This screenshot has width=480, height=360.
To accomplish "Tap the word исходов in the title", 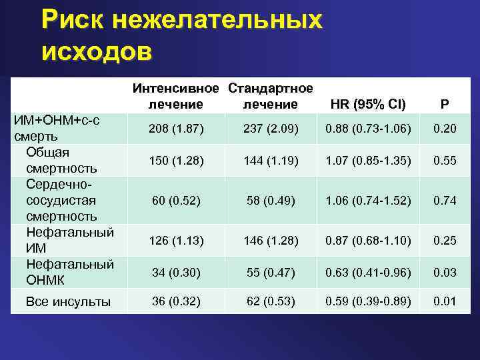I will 97,51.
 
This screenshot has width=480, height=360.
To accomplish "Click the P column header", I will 445,104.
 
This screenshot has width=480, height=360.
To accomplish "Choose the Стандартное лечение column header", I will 270,96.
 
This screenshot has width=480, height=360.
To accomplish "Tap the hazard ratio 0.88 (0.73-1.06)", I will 369,127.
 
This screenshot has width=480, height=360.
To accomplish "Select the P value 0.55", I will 445,161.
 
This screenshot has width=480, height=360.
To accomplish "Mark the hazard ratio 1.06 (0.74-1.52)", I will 369,200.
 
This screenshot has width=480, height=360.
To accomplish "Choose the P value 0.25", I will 445,239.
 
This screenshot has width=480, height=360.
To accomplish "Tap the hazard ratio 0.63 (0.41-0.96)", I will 369,271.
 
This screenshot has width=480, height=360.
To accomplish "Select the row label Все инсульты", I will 68,302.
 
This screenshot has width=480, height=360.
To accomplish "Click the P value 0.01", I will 445,301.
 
